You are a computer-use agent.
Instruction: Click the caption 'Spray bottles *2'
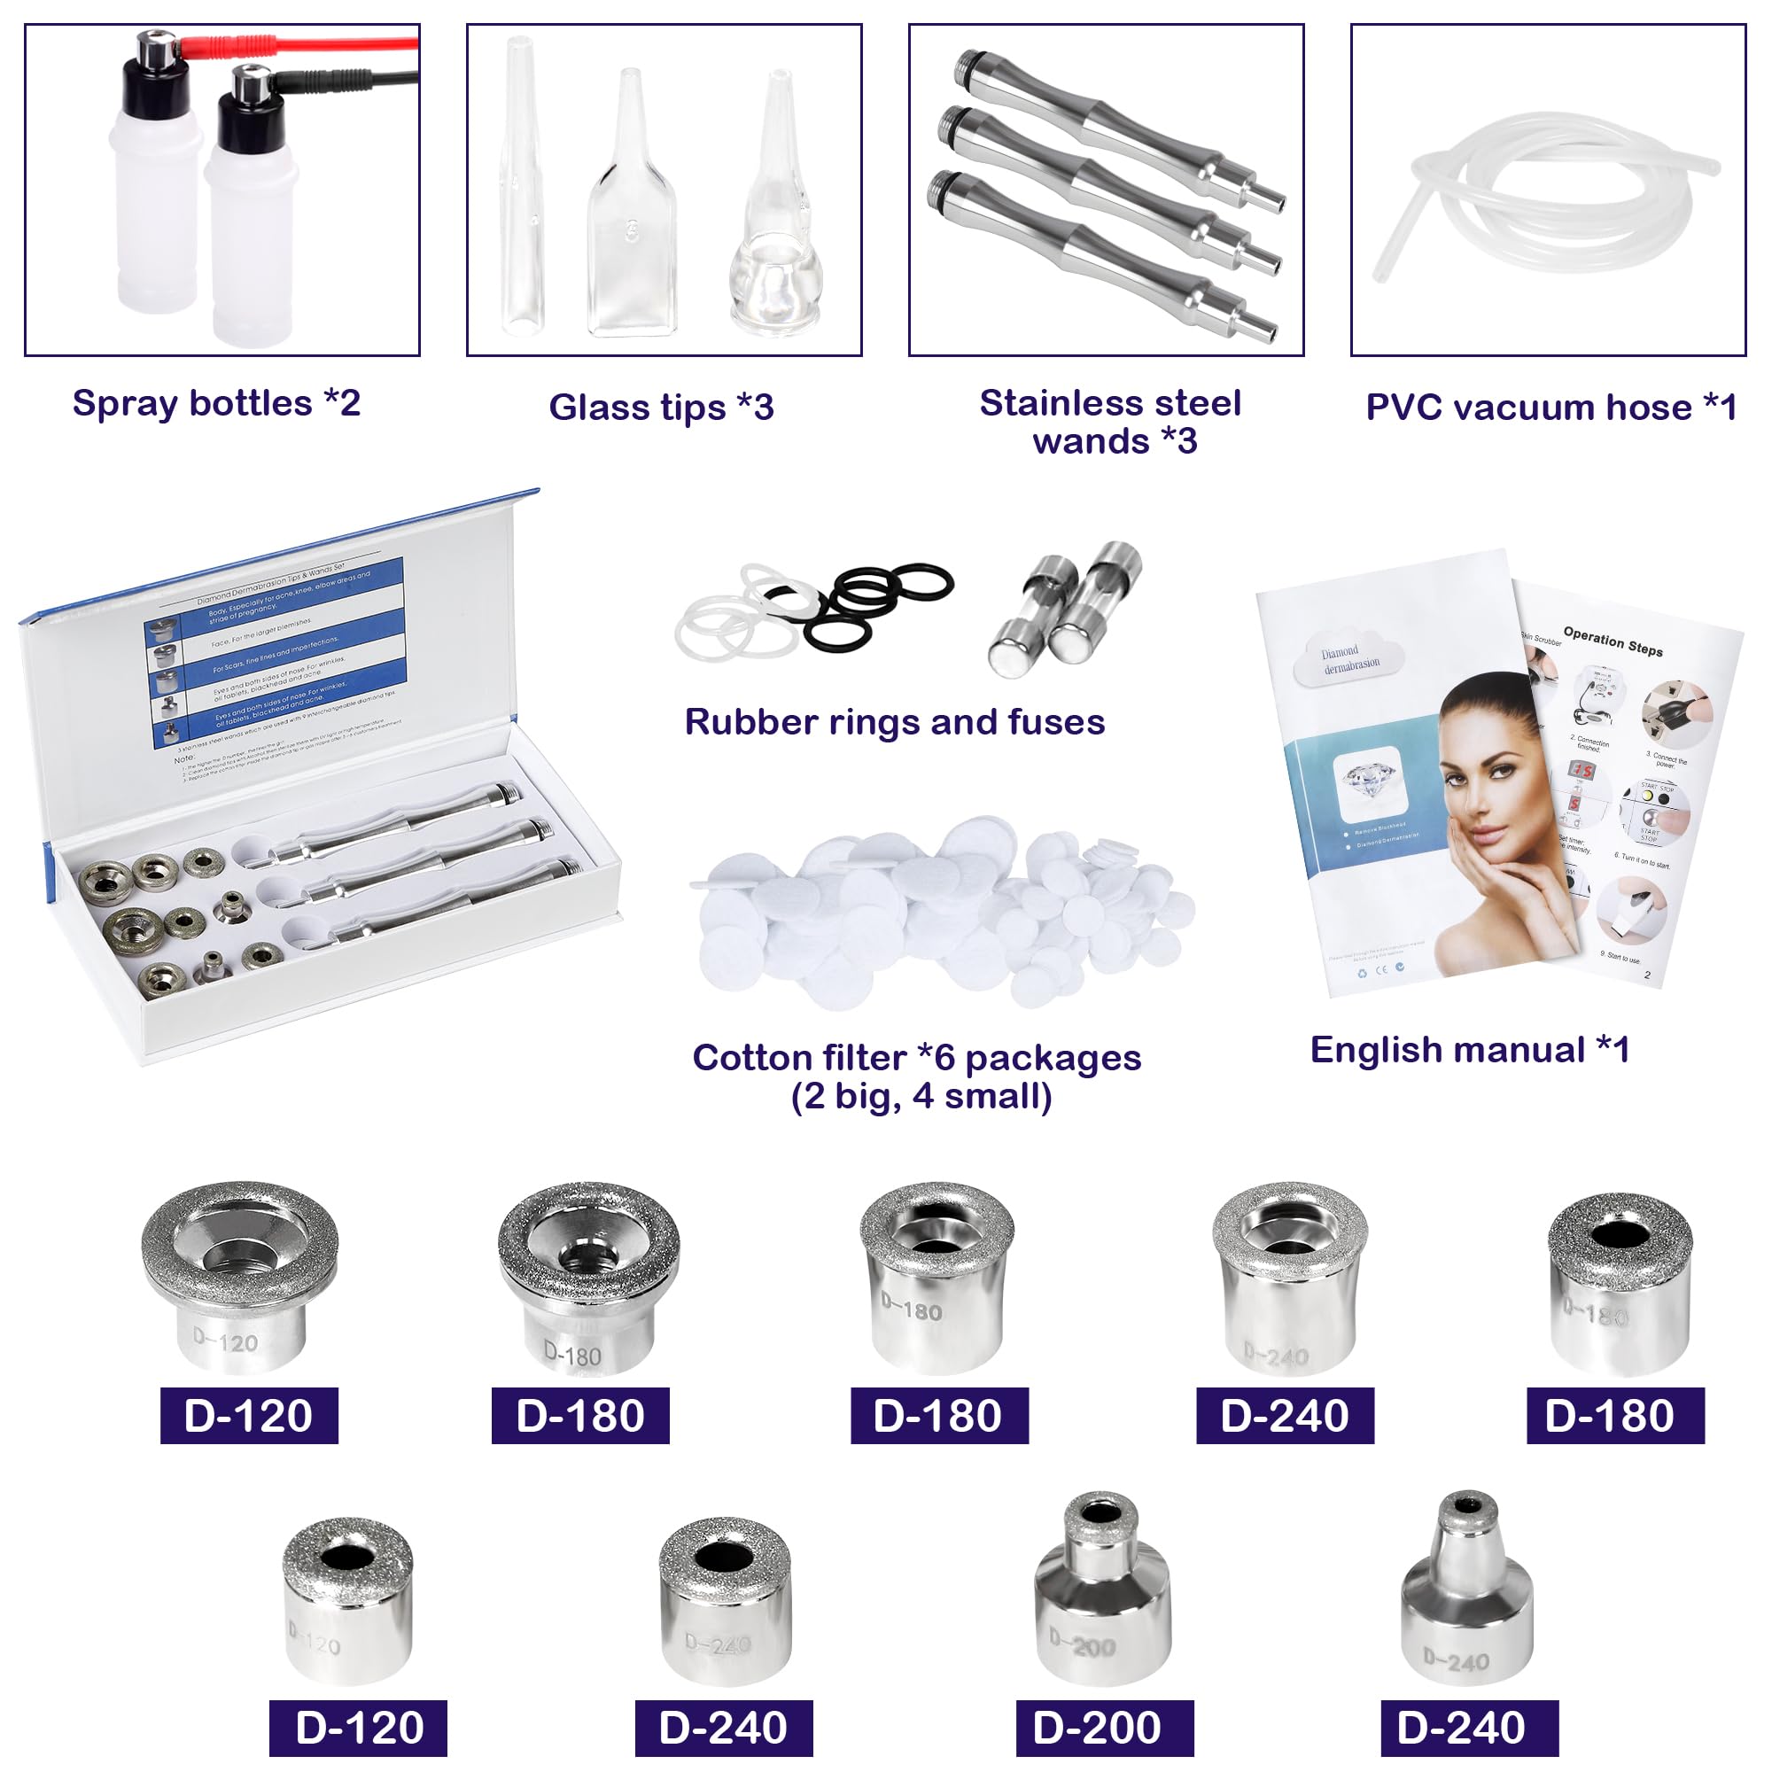pyautogui.click(x=216, y=403)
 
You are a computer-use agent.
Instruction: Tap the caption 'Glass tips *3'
pyautogui.click(x=661, y=408)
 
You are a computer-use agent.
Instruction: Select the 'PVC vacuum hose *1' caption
pyautogui.click(x=1550, y=408)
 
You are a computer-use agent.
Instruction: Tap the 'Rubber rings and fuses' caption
pyautogui.click(x=894, y=723)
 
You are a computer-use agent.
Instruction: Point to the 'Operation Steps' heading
pyautogui.click(x=1613, y=641)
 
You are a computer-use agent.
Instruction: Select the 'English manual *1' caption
pyautogui.click(x=1470, y=1050)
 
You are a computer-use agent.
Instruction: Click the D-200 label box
pyautogui.click(x=1104, y=1728)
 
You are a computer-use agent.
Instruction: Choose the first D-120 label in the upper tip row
pyautogui.click(x=249, y=1415)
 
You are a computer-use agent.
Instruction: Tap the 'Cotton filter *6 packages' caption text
pyautogui.click(x=916, y=1059)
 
